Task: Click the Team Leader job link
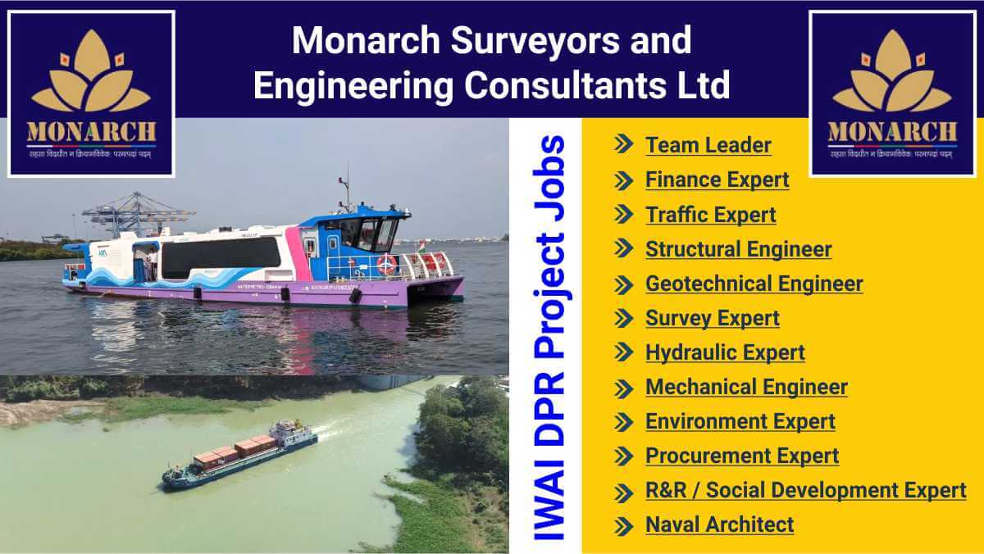(x=708, y=145)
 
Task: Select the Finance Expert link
(x=717, y=179)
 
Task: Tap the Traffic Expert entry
(x=710, y=215)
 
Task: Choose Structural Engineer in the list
(x=738, y=249)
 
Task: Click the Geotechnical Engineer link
(x=754, y=284)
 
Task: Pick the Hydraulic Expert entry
(x=725, y=352)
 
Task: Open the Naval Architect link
(x=719, y=524)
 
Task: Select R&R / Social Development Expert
(x=805, y=490)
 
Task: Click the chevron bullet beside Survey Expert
(x=624, y=318)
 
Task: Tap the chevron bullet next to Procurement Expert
(x=624, y=456)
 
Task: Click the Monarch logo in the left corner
(x=91, y=93)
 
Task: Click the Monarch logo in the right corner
(x=892, y=93)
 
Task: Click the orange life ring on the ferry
(x=386, y=264)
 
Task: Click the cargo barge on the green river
(x=239, y=456)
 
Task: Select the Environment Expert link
(x=740, y=421)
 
